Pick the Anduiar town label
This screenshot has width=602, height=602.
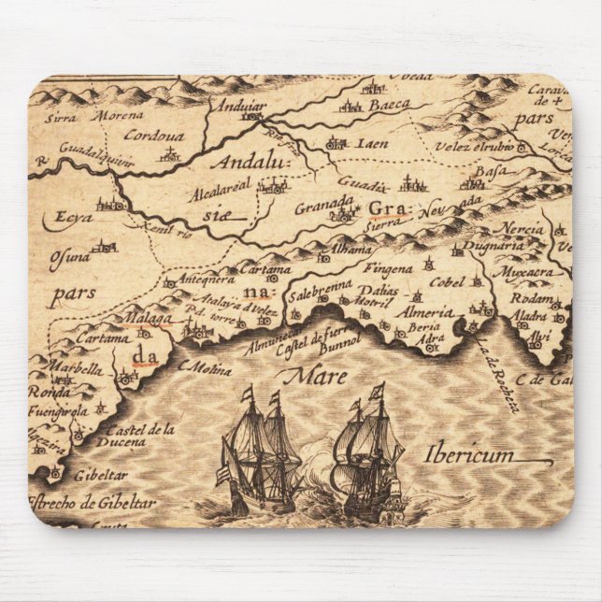(240, 106)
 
